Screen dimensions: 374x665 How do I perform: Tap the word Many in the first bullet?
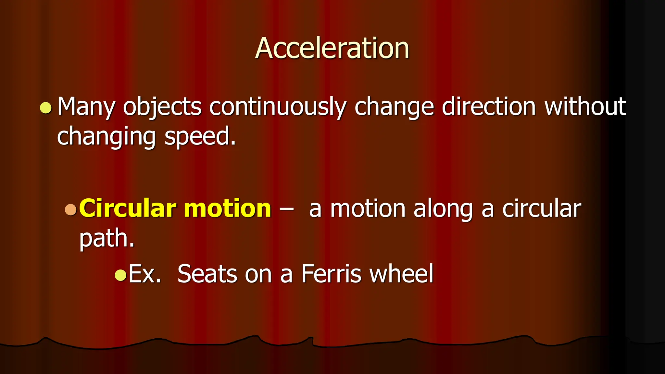pos(86,107)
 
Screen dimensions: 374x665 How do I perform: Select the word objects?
pos(162,107)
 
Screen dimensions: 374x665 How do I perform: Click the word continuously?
pos(278,107)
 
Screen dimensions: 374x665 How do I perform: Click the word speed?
pos(200,136)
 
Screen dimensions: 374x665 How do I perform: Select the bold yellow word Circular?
pos(127,208)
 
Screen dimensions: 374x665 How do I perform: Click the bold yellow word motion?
pos(227,208)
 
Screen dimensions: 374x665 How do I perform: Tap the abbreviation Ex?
pos(145,274)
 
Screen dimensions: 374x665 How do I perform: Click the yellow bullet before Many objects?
pos(46,108)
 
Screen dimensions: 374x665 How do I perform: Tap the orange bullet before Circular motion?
pos(70,209)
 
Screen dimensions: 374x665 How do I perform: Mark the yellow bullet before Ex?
pos(120,275)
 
